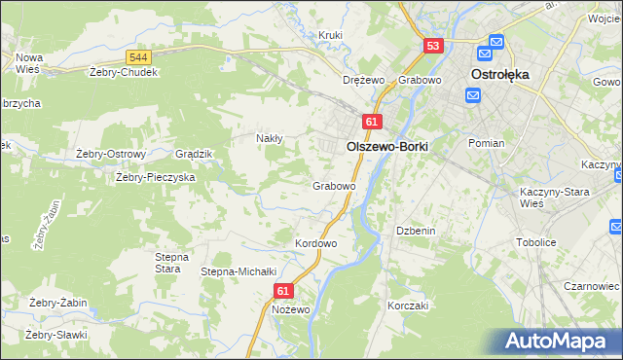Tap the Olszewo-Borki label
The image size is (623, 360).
387,146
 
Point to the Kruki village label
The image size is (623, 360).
331,36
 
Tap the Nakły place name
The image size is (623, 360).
269,138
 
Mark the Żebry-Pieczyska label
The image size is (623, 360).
156,177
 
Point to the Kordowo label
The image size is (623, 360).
315,242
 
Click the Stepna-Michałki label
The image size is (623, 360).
239,271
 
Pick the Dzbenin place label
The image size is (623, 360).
414,231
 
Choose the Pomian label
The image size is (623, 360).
486,143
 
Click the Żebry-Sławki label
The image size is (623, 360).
56,335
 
